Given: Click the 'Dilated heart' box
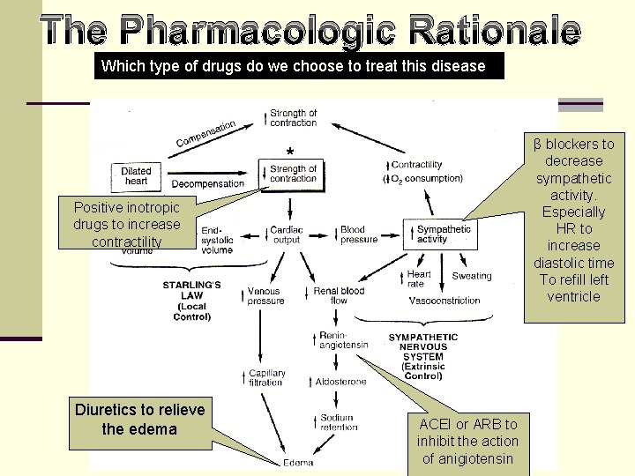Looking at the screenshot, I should (x=136, y=176).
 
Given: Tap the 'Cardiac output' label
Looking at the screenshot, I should (x=287, y=234).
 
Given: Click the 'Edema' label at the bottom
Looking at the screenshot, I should (x=297, y=463).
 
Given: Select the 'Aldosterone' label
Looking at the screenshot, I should (x=340, y=381).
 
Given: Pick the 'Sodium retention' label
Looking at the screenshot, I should (x=337, y=422).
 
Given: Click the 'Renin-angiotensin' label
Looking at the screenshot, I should (x=344, y=339).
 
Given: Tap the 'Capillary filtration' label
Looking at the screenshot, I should (x=265, y=377).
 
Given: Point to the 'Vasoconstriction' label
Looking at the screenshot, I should (x=444, y=301).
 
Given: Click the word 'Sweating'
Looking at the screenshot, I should (x=471, y=276).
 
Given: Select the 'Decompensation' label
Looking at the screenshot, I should (x=207, y=184).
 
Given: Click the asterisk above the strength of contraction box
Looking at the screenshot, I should (x=289, y=152).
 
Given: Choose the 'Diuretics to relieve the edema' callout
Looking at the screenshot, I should (x=139, y=420).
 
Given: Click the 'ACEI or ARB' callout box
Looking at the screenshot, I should (x=467, y=441).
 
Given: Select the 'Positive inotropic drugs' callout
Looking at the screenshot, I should (x=126, y=224).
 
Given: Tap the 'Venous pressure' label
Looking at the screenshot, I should (x=265, y=295).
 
